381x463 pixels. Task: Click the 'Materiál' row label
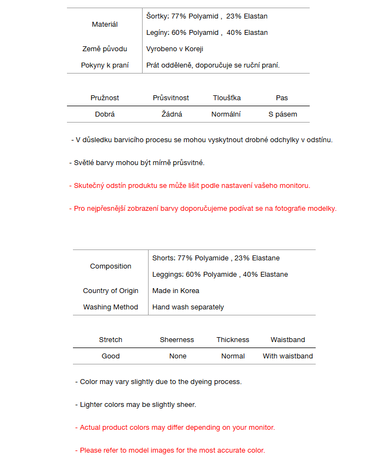105,25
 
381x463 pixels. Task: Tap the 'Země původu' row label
105,49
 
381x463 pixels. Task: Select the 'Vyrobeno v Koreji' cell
175,49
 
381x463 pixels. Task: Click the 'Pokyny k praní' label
105,65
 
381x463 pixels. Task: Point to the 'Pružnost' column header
105,98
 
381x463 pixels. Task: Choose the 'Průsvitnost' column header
171,98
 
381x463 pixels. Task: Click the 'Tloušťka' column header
227,98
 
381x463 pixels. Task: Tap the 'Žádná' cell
172,114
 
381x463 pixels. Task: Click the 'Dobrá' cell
105,114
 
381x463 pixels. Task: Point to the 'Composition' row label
110,266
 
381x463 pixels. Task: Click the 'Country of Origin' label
110,291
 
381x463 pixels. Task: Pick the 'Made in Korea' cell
176,291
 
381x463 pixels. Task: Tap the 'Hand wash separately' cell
188,307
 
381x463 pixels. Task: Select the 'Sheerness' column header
177,340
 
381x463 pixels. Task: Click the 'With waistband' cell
288,356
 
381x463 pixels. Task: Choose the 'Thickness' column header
233,340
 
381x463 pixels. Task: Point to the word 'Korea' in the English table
189,291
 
